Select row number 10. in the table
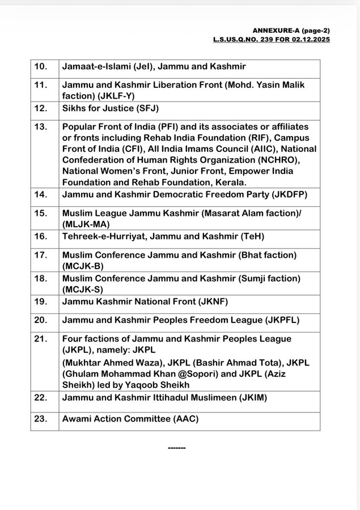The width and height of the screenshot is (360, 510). click(41, 67)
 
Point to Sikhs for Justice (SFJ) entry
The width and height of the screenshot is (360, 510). click(111, 108)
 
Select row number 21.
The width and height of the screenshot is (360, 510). click(41, 338)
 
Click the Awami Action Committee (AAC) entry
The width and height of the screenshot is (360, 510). click(131, 419)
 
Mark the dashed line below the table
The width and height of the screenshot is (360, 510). click(177, 448)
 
